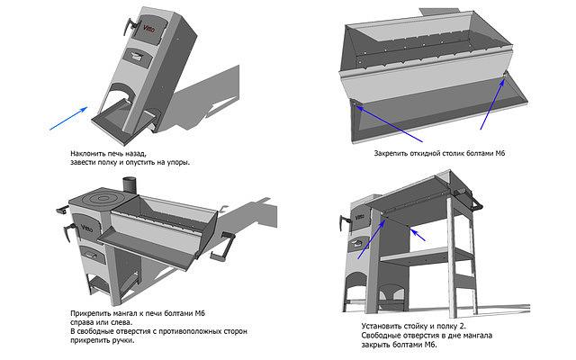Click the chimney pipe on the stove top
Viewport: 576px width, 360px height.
pyautogui.click(x=130, y=186)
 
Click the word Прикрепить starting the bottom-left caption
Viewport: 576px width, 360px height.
pyautogui.click(x=89, y=312)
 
